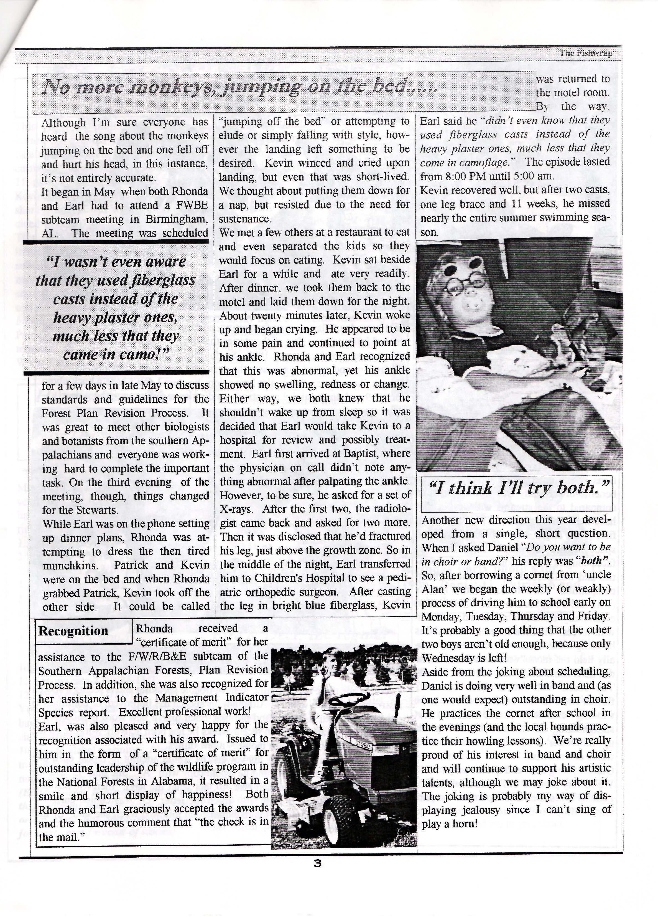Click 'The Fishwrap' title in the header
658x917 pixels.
[x=585, y=53]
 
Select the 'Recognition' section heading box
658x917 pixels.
[x=73, y=631]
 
